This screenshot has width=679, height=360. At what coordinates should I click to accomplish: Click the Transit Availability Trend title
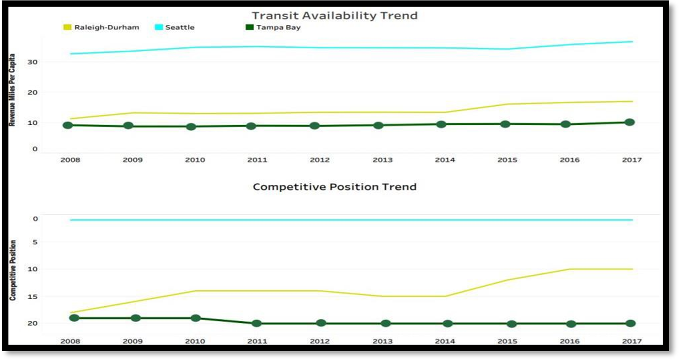point(335,16)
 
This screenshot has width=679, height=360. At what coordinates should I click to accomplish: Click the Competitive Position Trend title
point(335,187)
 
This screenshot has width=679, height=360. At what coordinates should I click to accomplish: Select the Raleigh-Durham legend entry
point(101,28)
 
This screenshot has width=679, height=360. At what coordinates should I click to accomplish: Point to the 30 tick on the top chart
point(32,62)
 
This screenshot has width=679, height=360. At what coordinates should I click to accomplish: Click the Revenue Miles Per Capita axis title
point(12,90)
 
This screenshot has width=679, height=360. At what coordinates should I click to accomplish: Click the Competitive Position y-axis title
point(13,270)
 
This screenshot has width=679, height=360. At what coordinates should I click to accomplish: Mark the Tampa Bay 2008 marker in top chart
point(67,125)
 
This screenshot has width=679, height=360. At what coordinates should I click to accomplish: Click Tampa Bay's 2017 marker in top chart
point(629,122)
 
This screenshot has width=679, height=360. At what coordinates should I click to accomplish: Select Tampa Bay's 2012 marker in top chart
point(314,126)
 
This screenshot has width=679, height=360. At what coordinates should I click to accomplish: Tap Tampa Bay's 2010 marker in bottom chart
point(195,318)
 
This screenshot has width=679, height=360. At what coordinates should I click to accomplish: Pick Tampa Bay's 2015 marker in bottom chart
point(511,324)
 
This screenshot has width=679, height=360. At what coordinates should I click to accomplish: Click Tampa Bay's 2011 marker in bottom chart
point(257,323)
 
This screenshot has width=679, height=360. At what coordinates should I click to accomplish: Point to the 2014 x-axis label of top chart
point(445,160)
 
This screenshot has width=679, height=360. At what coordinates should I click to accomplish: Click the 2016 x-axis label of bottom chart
point(569,341)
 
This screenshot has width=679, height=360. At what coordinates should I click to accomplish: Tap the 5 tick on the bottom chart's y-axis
point(35,242)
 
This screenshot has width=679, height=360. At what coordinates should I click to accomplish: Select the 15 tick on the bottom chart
point(33,297)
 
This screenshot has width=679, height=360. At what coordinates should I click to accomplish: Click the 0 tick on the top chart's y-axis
point(35,149)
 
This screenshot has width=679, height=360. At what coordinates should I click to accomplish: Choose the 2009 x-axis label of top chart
point(132,160)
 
